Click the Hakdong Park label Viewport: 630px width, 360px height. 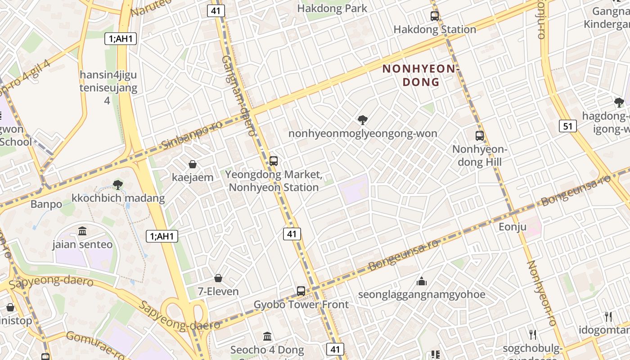pos(332,8)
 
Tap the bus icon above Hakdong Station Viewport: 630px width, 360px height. pos(434,16)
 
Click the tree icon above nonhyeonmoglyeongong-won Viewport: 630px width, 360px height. pos(362,120)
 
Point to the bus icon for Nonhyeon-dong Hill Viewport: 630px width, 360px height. pos(480,135)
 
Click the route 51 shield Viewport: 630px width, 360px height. pos(568,126)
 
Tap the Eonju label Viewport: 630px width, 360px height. pos(512,227)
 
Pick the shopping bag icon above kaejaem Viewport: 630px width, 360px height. pos(193,164)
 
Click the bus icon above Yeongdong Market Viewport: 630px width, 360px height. pos(273,161)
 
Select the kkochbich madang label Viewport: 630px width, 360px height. pos(118,198)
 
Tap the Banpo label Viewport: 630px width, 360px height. pos(46,204)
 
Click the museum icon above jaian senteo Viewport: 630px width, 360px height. pos(82,231)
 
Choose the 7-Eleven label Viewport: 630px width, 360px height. pos(218,292)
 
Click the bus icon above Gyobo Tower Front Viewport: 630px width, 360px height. pos(301,291)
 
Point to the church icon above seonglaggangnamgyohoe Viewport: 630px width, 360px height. pos(422,281)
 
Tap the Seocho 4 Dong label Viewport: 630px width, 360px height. pos(267,350)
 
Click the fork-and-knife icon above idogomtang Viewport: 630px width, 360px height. pos(608,316)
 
